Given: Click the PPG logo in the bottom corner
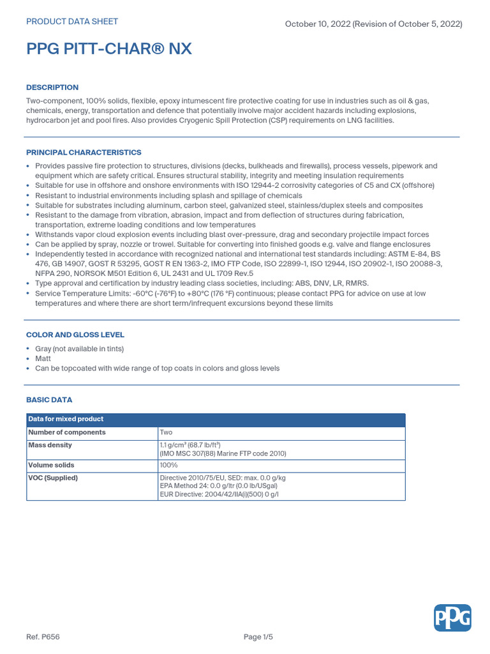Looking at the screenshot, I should pos(452,618).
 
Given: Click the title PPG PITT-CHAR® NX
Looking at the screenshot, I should pos(108,49).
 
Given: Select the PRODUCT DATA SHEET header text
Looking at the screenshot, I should pos(71,22).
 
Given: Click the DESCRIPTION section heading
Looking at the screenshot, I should pos(52,87).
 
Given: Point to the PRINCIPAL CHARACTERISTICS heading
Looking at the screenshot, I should pos(84,153).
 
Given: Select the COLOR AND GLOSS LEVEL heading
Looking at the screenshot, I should pos(75,335).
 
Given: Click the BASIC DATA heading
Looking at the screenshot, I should pos(49,400).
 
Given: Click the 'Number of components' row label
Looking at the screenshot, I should pos(67,432).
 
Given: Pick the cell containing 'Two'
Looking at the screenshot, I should pos(166,432).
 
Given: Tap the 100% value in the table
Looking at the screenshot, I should pos(169,465).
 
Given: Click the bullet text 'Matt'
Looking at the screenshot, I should pos(43,359).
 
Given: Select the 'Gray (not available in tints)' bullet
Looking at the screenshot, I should pos(79,349).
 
